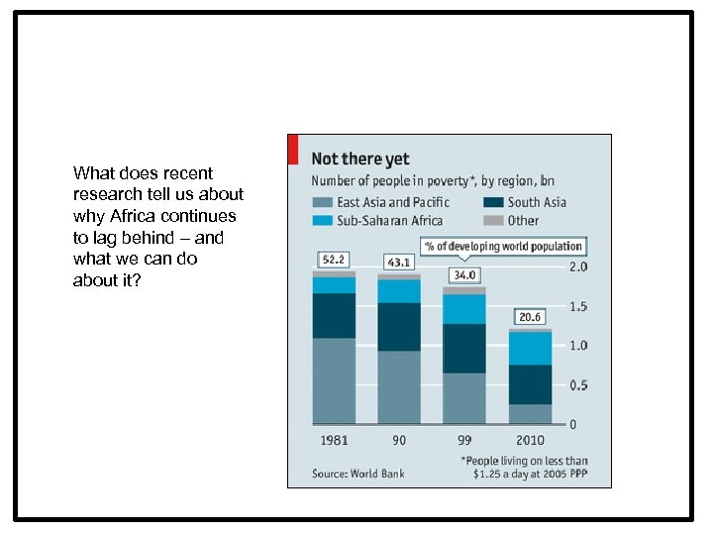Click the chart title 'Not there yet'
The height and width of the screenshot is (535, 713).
(360, 159)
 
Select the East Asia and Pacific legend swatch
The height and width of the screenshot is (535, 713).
(323, 202)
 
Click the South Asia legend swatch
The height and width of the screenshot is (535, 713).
(493, 202)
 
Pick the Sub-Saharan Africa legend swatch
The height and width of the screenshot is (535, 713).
(323, 221)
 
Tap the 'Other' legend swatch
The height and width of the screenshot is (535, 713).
(493, 221)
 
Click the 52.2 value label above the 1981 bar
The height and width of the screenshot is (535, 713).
(334, 260)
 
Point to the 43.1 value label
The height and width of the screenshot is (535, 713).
(399, 262)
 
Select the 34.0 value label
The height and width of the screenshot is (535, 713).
(463, 274)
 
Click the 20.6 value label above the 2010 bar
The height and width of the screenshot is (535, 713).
(530, 317)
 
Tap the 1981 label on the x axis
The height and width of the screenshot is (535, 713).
(334, 440)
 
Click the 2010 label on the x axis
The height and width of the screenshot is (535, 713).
(530, 440)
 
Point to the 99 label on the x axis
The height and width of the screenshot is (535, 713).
(463, 440)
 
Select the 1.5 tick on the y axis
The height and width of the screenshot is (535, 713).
(577, 306)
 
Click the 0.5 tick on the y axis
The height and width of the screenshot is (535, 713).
(577, 385)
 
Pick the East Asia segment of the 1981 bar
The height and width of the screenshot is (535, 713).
(334, 381)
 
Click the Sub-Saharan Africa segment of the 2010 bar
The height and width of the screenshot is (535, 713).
(530, 348)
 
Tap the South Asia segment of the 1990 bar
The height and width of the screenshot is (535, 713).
(399, 327)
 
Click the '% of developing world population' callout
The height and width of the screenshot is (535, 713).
(503, 246)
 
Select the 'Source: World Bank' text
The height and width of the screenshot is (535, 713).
(358, 474)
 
